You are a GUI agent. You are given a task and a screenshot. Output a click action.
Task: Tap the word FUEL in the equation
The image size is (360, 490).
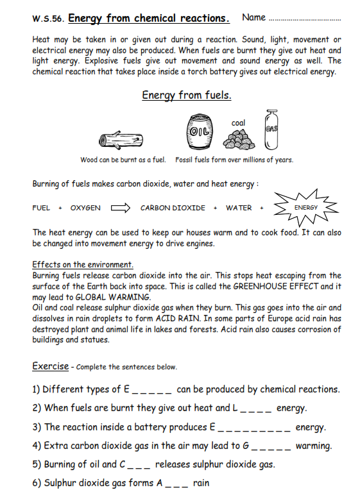pyautogui.click(x=42, y=208)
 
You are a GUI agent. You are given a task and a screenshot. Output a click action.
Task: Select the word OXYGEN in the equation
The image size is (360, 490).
pyautogui.click(x=85, y=208)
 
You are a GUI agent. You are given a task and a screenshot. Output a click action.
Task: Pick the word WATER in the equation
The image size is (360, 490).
pyautogui.click(x=239, y=208)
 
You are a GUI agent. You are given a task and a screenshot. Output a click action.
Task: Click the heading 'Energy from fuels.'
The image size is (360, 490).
pyautogui.click(x=187, y=96)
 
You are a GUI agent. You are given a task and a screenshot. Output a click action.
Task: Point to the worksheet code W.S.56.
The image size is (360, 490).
pyautogui.click(x=48, y=19)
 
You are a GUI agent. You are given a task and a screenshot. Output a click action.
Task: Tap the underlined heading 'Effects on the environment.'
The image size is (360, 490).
pyautogui.click(x=83, y=264)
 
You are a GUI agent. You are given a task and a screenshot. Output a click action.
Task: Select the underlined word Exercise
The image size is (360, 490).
pyautogui.click(x=50, y=366)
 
